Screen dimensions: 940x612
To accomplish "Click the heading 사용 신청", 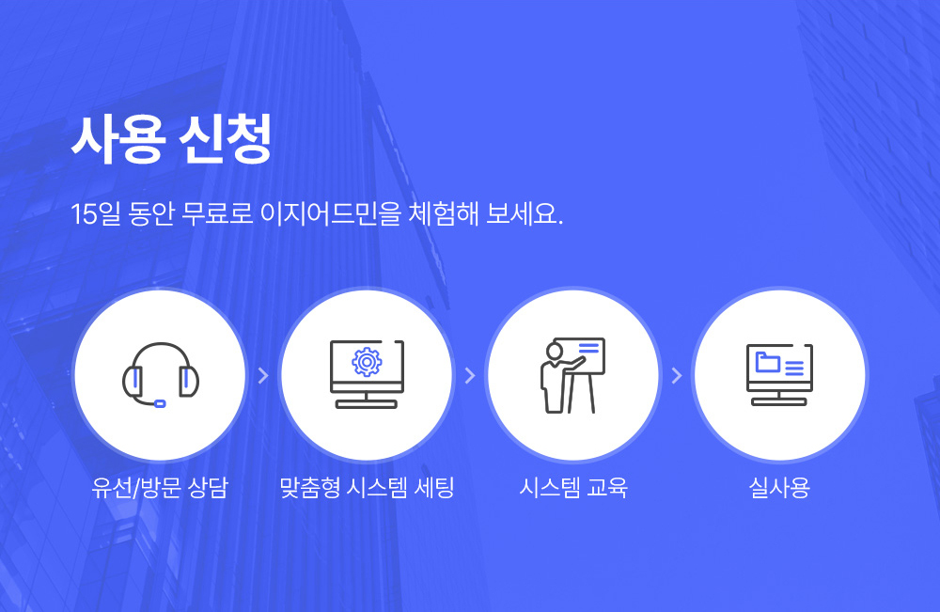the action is pos(171,138).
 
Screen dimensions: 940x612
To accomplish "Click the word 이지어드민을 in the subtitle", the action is pos(330,213).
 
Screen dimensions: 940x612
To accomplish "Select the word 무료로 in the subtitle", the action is pos(217,213).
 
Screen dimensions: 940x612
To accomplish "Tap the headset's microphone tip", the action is pos(160,403).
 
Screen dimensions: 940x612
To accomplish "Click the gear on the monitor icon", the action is pos(367,361).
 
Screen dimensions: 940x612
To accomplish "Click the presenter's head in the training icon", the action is pos(555,352).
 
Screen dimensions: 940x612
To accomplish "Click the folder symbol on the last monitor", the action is pos(767,362).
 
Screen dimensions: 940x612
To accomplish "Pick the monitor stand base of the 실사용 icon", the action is pos(779,401).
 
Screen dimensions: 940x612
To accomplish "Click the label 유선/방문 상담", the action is pos(160,487).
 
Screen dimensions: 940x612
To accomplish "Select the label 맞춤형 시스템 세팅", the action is pos(367,487).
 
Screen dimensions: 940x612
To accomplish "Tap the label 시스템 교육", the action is pos(573,487).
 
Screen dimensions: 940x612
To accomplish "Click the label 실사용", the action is pos(779,487).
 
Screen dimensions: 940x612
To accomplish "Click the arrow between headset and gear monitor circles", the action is pos(263,376).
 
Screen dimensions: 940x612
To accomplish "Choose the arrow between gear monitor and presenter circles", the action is pos(470,376).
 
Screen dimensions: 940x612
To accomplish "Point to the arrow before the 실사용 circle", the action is pos(677,376).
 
